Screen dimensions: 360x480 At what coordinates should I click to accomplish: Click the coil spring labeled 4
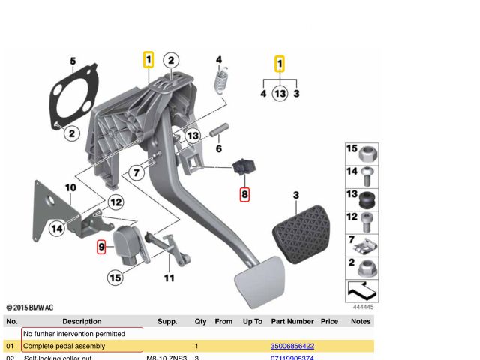[220, 79]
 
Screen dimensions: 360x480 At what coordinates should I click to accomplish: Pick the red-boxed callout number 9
[101, 245]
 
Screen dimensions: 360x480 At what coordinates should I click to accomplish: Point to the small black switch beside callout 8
[245, 168]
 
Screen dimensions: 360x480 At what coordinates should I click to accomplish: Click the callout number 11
[169, 278]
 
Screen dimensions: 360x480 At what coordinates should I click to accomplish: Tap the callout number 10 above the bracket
[70, 187]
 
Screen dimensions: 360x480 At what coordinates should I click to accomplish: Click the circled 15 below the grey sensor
[114, 278]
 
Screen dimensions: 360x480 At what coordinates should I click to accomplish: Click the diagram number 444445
[362, 307]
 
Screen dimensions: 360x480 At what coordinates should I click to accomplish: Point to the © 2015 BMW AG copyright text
[30, 307]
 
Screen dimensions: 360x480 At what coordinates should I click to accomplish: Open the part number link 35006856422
[292, 346]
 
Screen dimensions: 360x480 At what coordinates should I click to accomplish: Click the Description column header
[82, 321]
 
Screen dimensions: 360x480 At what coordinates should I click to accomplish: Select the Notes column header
[361, 321]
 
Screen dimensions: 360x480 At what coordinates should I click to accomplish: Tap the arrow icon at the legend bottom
[361, 289]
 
